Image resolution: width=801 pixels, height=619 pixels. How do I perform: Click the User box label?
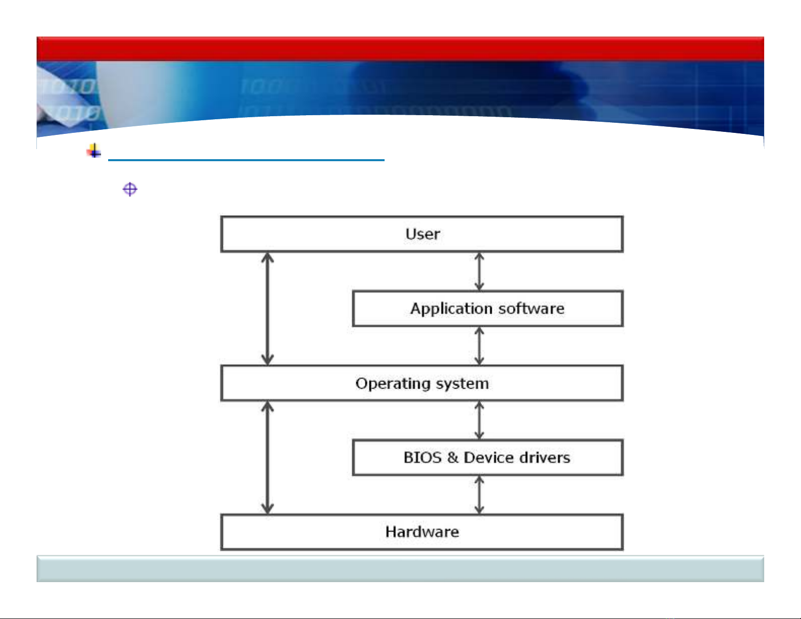422,234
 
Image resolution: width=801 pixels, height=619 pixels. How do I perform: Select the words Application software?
487,309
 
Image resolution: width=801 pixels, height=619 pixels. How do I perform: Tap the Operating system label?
422,383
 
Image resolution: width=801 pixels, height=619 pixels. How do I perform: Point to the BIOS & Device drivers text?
487,458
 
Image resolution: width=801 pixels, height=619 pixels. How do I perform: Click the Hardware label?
422,532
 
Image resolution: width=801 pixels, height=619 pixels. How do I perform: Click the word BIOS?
422,458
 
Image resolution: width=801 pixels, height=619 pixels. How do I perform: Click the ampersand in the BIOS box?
453,458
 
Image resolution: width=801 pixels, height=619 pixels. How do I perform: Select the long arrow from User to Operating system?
267,309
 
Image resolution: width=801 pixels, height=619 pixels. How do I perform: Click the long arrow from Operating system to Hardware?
267,457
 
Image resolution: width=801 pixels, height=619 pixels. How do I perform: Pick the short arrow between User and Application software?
479,271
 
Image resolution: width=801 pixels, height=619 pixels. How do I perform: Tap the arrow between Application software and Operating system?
479,346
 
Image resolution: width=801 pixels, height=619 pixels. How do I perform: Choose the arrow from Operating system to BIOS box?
479,420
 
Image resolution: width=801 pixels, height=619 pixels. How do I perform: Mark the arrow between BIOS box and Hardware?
479,495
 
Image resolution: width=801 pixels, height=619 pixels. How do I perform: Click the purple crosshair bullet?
130,189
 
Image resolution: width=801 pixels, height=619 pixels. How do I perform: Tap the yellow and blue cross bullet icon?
94,151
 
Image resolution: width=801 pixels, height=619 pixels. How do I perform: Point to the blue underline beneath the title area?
246,160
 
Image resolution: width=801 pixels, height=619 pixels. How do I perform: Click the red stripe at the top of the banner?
400,49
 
